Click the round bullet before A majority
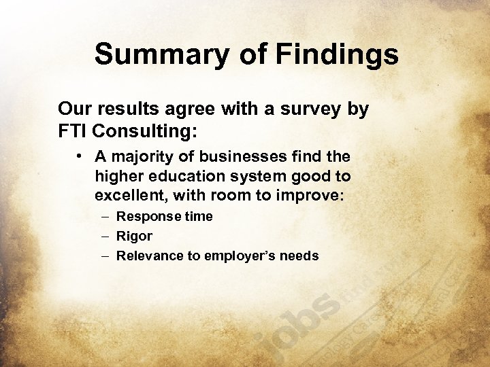pyautogui.click(x=80, y=156)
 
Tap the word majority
pyautogui.click(x=143, y=158)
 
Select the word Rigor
pyautogui.click(x=134, y=237)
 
